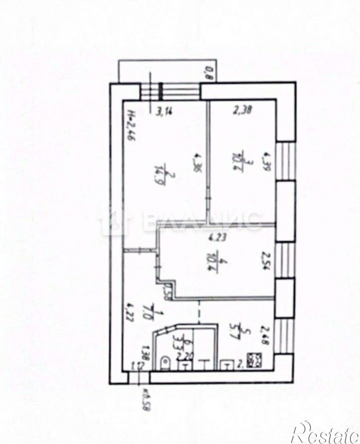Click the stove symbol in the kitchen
point(254,360)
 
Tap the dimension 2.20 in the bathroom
point(182,356)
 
